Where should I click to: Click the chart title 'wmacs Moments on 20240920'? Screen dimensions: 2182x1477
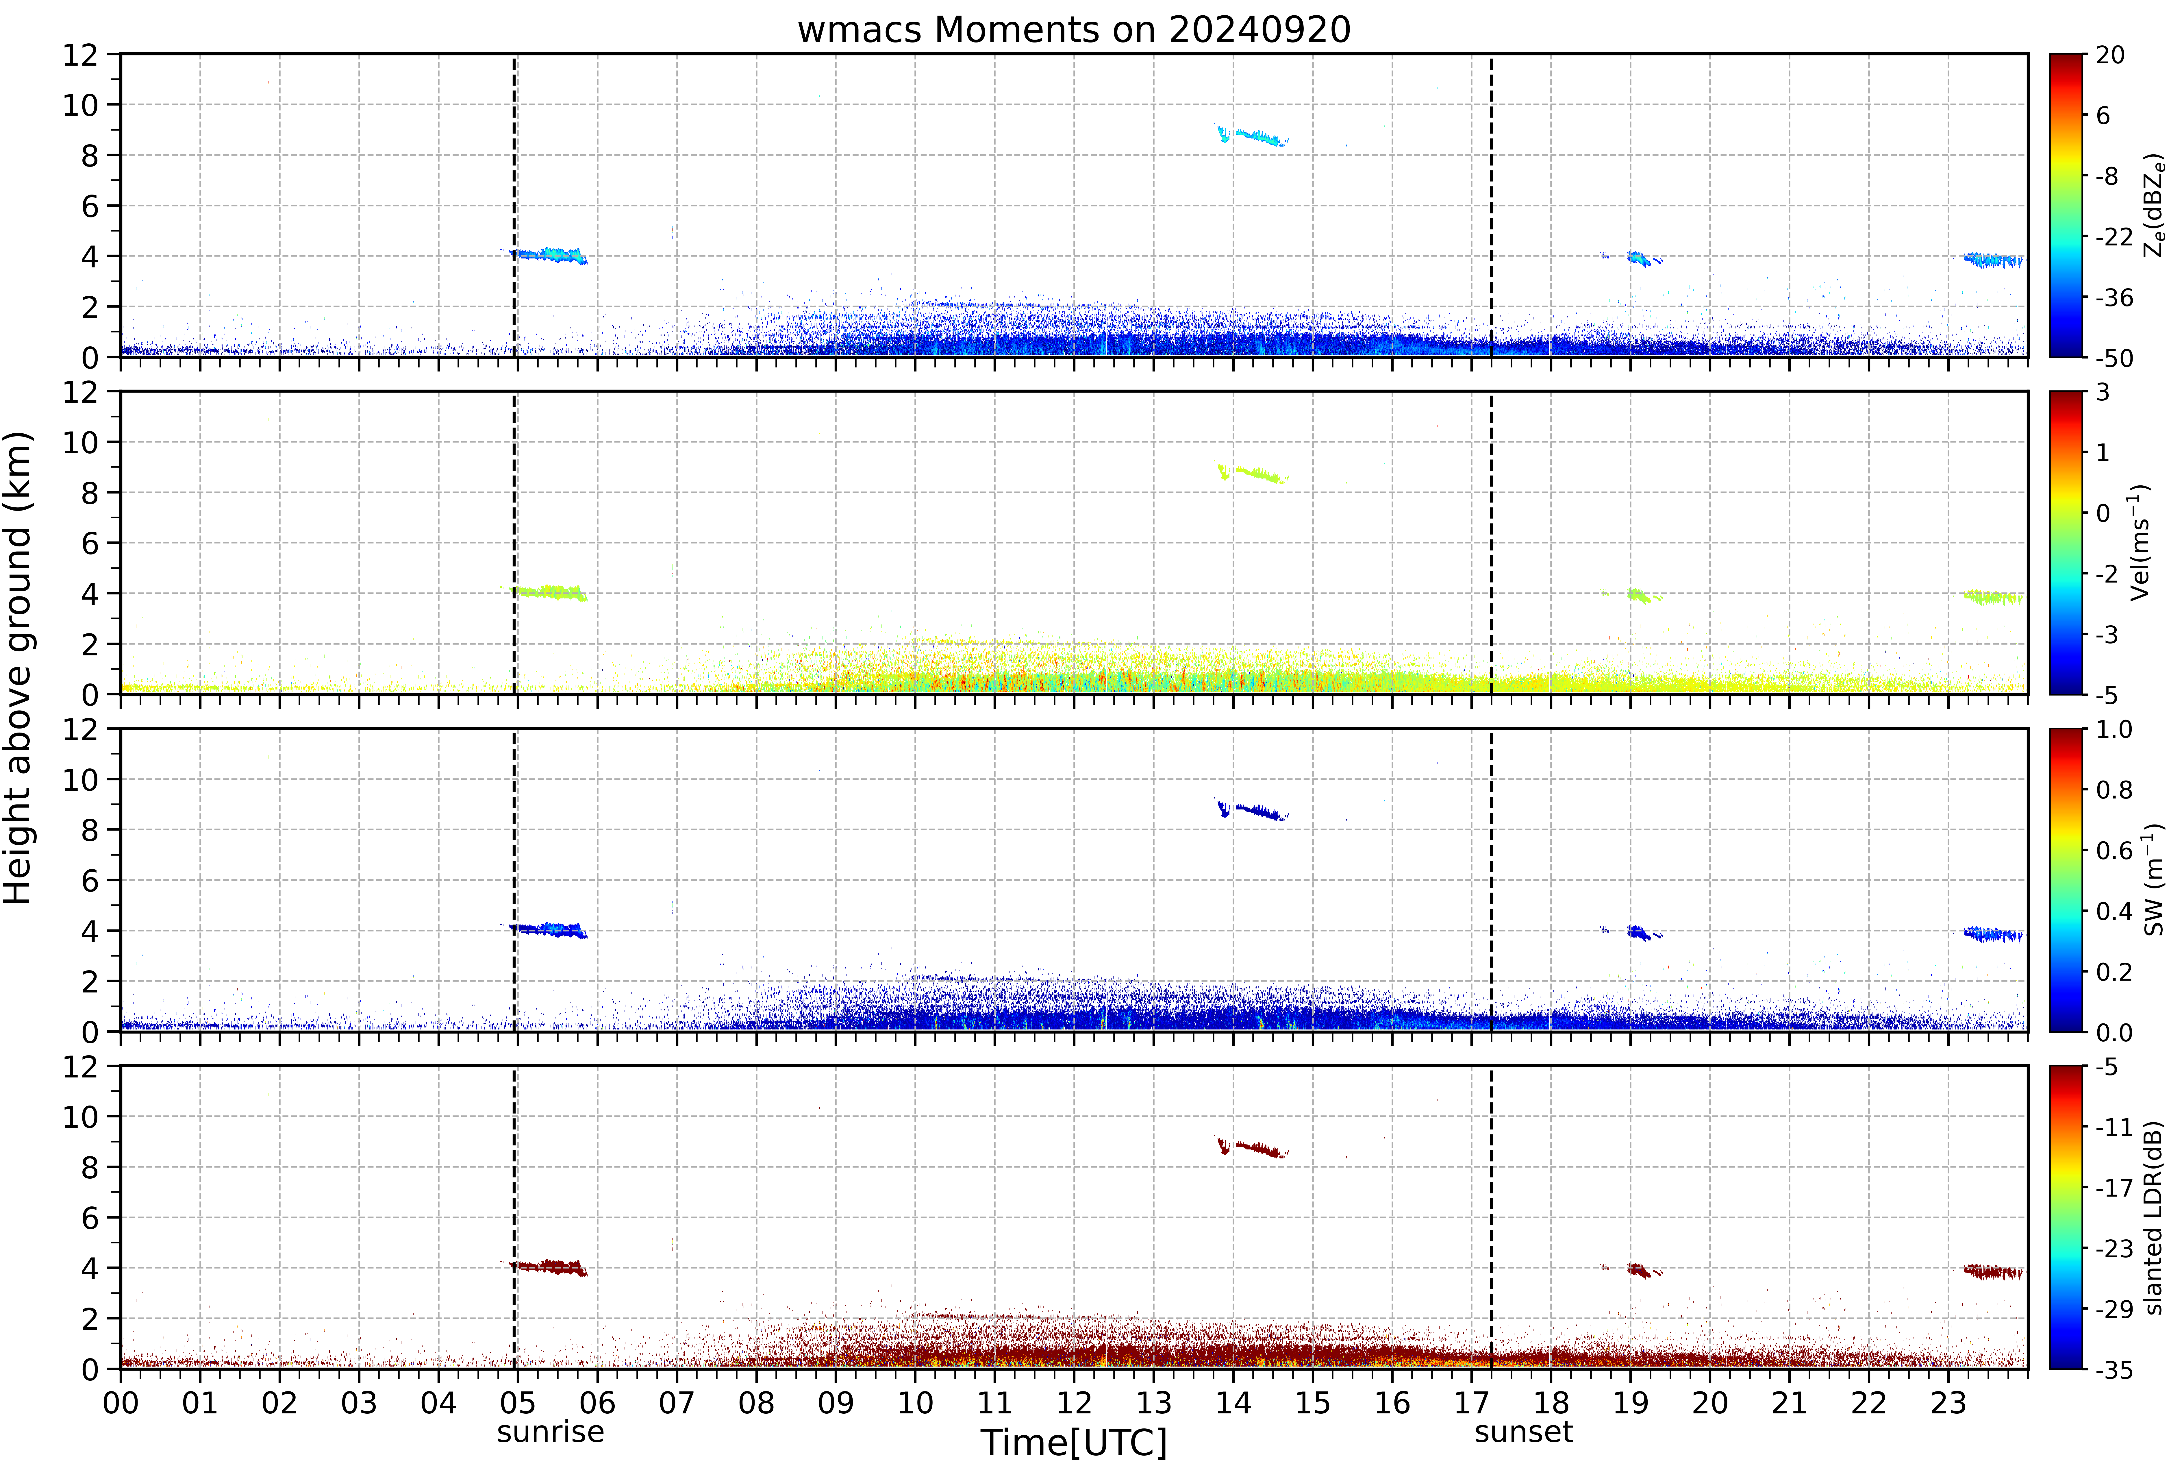(x=1074, y=30)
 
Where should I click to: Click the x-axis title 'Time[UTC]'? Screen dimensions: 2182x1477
(x=1074, y=1442)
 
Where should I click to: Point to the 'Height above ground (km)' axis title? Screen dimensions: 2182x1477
(x=19, y=668)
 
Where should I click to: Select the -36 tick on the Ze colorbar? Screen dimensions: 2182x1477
(x=2114, y=298)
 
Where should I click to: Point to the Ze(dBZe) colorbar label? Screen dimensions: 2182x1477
(x=2154, y=206)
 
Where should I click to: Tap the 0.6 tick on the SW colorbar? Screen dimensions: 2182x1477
(x=2114, y=851)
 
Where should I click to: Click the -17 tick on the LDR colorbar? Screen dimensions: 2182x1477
(x=2114, y=1188)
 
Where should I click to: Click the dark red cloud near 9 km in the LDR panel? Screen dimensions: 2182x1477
(x=1252, y=1147)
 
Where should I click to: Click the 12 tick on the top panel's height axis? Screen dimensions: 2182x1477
(x=81, y=54)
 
